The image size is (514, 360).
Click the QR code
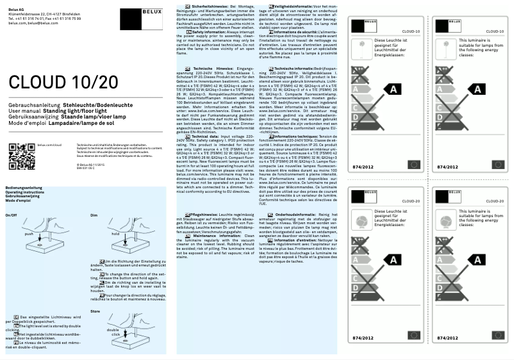pyautogui.click(x=21, y=154)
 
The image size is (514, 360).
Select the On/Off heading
pyautogui.click(x=12, y=216)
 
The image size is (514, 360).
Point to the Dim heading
pyautogui.click(x=94, y=216)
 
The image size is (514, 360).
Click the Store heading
pyautogui.click(x=95, y=311)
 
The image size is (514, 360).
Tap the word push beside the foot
pyautogui.click(x=28, y=234)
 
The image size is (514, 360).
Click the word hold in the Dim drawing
pyautogui.click(x=115, y=234)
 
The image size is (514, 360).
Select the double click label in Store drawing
pyautogui.click(x=113, y=332)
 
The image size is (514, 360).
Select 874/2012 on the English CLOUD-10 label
pyautogui.click(x=446, y=167)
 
